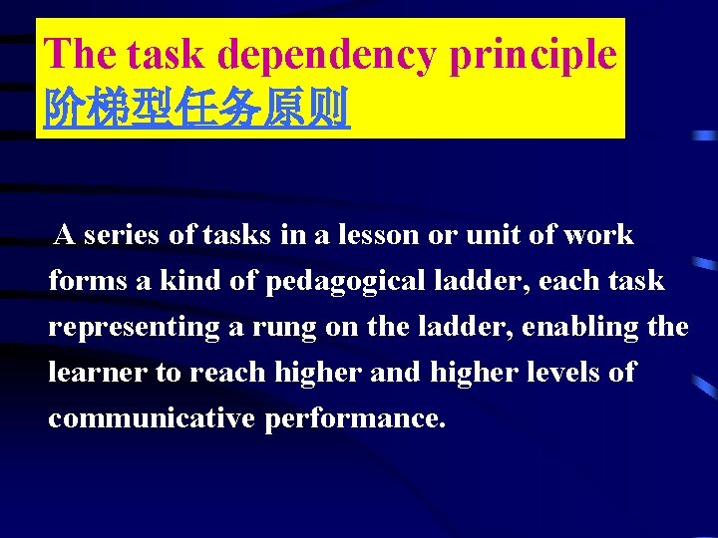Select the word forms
(88, 281)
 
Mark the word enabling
(588, 328)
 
